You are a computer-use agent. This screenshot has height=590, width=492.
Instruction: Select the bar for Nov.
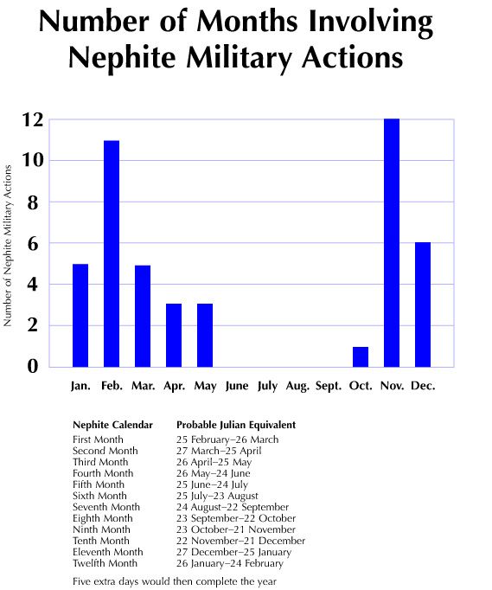tap(392, 243)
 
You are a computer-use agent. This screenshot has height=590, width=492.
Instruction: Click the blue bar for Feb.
tap(112, 253)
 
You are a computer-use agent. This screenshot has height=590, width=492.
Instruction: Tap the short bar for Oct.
tap(361, 356)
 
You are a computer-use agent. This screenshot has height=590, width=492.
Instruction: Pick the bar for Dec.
tap(423, 305)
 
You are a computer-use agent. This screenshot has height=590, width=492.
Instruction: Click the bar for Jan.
tap(80, 315)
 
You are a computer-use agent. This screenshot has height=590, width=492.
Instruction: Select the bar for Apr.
tap(174, 336)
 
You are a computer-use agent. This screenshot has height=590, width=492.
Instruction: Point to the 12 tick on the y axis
tap(32, 120)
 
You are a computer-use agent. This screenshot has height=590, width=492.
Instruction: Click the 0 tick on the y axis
tap(33, 367)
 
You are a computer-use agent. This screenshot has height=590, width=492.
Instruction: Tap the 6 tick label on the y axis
tap(33, 244)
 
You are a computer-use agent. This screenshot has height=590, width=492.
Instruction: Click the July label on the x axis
tap(267, 386)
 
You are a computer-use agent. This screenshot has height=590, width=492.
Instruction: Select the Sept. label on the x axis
tap(329, 386)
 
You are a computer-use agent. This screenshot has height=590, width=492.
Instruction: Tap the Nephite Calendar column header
tap(112, 425)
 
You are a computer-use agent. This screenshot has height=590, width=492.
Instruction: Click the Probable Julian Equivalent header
tap(236, 425)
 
